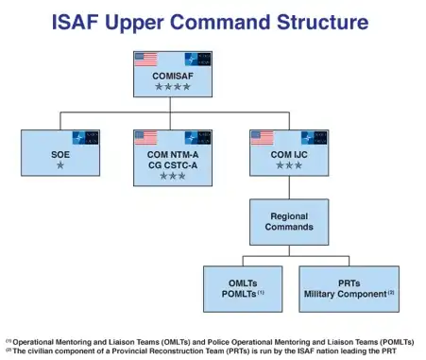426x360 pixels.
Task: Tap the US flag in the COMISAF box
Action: point(145,59)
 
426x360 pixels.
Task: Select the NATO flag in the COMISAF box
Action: point(197,59)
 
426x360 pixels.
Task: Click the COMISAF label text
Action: point(171,76)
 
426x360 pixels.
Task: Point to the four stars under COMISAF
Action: point(171,87)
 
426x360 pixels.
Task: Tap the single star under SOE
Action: point(60,165)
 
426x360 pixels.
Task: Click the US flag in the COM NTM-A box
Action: point(145,137)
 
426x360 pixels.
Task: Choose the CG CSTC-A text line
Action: point(172,163)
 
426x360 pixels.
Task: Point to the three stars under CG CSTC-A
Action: point(172,176)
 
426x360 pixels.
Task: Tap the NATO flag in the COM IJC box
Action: point(314,137)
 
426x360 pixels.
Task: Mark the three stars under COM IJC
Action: point(288,165)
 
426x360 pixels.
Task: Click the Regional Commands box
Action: point(288,222)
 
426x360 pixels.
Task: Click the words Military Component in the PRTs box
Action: point(345,294)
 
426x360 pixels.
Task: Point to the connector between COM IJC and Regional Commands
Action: point(288,186)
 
